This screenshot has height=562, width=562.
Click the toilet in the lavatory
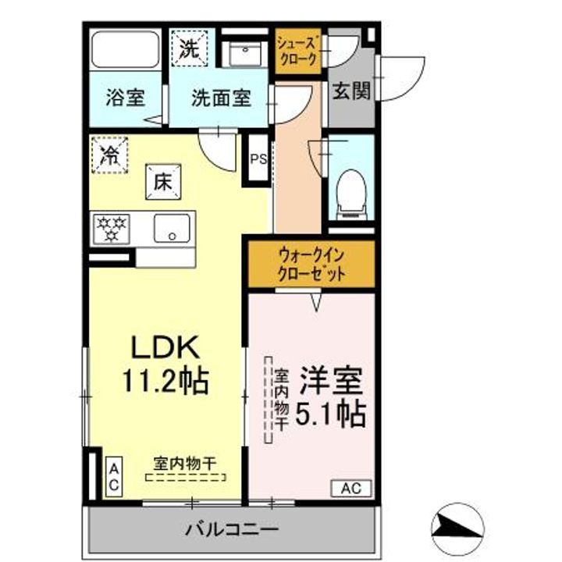coord(351,194)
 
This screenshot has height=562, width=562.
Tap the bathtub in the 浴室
coord(125,49)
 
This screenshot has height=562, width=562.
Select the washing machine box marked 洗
coord(189,48)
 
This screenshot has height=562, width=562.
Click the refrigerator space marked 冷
coord(109,155)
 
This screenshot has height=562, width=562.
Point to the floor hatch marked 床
coord(163,182)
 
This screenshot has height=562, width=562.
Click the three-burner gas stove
coord(112,229)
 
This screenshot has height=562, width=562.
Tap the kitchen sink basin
coord(172,228)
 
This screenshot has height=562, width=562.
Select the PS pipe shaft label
coord(259,158)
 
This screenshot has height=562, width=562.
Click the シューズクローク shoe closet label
coord(298,52)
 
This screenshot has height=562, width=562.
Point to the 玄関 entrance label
coord(351,91)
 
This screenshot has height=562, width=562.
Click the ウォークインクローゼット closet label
coord(311,265)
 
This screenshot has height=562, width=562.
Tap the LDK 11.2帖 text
coord(165,364)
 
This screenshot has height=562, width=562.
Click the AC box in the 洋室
coord(351,488)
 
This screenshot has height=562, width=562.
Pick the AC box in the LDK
coord(114,477)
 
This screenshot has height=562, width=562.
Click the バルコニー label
coord(232,529)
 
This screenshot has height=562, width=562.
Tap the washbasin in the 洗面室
coord(245,54)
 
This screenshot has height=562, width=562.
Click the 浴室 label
coord(126,98)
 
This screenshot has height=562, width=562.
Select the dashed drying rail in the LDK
coord(186,478)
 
